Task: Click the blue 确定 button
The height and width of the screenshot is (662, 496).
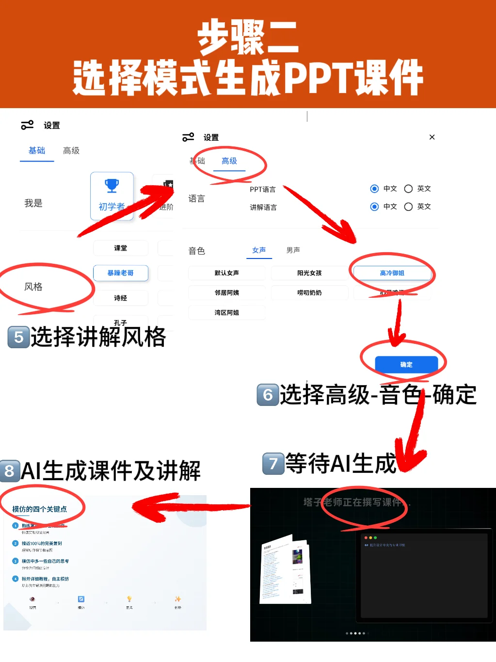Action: pyautogui.click(x=406, y=364)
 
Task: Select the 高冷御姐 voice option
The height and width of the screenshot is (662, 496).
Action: pyautogui.click(x=392, y=273)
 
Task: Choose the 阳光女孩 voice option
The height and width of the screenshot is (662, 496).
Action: pyautogui.click(x=309, y=273)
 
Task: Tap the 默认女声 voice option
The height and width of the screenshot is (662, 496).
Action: pyautogui.click(x=226, y=273)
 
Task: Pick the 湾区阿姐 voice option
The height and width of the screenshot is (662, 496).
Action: pyautogui.click(x=226, y=313)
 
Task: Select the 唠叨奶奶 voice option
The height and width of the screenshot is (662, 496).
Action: pyautogui.click(x=309, y=293)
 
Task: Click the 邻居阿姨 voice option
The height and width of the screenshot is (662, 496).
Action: pyautogui.click(x=226, y=293)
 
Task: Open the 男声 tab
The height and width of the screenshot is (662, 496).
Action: pyautogui.click(x=293, y=250)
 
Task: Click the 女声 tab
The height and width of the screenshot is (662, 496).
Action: pyautogui.click(x=259, y=250)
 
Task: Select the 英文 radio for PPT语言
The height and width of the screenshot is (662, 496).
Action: pyautogui.click(x=409, y=189)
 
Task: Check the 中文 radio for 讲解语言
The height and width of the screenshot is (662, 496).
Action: pyautogui.click(x=374, y=207)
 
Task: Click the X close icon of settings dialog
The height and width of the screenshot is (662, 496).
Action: pyautogui.click(x=432, y=137)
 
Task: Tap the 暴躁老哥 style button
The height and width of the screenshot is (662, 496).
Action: pyautogui.click(x=121, y=273)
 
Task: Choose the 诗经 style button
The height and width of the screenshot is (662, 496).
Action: pyautogui.click(x=121, y=298)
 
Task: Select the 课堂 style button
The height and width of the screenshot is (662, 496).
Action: pyautogui.click(x=121, y=248)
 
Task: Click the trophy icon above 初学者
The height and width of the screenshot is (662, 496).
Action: pyautogui.click(x=112, y=185)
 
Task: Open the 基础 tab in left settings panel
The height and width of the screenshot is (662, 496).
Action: pyautogui.click(x=37, y=151)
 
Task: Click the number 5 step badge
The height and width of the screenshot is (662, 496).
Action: pyautogui.click(x=18, y=337)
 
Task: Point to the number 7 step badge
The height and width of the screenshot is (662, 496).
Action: pyautogui.click(x=273, y=464)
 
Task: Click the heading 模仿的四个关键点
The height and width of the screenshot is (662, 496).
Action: pyautogui.click(x=40, y=509)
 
